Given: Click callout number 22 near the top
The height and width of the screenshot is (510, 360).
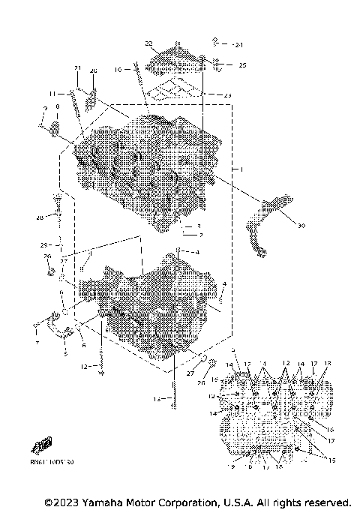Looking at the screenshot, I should coord(148,43).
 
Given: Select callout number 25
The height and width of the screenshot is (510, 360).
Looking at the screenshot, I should coord(242,65).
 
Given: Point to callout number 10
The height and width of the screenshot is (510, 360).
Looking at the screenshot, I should coord(118,70).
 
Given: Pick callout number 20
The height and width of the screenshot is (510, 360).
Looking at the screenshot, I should coord(94,70).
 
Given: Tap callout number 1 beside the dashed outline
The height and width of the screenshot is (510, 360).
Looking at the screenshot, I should coord(241,170).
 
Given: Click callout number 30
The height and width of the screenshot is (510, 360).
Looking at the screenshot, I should coord(301,225).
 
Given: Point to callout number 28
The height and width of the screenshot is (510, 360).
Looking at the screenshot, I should coord(39,218).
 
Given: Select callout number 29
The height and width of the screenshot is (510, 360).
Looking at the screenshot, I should coord(44,245).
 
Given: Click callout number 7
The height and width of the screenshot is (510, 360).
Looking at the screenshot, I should coord(35,342).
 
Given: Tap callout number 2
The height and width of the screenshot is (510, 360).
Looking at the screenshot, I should coord(201,235).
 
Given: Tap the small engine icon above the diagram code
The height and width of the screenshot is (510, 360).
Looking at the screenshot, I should coord(40,446).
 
